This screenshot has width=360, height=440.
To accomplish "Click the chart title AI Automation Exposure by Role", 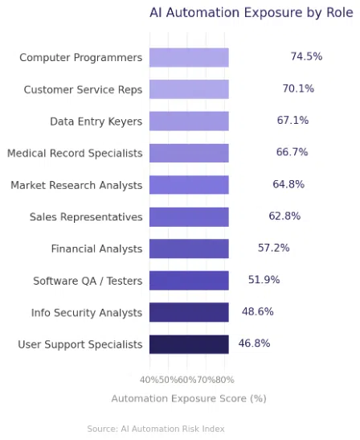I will [251, 12].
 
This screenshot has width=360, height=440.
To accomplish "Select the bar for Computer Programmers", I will [189, 57].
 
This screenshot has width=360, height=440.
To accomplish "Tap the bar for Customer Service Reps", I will [189, 89].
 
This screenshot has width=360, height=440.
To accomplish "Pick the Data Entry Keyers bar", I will [189, 121].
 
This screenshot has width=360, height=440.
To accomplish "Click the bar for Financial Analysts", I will [189, 249].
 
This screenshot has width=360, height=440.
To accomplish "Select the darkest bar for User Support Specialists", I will [189, 344].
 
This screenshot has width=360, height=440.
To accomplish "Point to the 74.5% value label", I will [306, 56].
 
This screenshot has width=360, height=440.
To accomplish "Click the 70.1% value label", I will [298, 88].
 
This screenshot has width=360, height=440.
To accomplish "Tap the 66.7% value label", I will [292, 152].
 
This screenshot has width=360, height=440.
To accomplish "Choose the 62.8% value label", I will [284, 216].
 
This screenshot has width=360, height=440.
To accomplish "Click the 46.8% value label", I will [254, 343].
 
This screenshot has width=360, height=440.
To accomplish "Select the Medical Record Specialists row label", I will [75, 153].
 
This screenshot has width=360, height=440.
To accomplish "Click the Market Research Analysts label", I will [76, 185].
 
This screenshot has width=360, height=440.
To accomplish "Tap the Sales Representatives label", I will [86, 217].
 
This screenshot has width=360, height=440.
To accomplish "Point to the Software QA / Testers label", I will [88, 281].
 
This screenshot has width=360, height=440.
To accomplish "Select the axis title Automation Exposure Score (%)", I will [189, 398].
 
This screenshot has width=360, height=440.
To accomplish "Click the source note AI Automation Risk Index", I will [156, 429].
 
